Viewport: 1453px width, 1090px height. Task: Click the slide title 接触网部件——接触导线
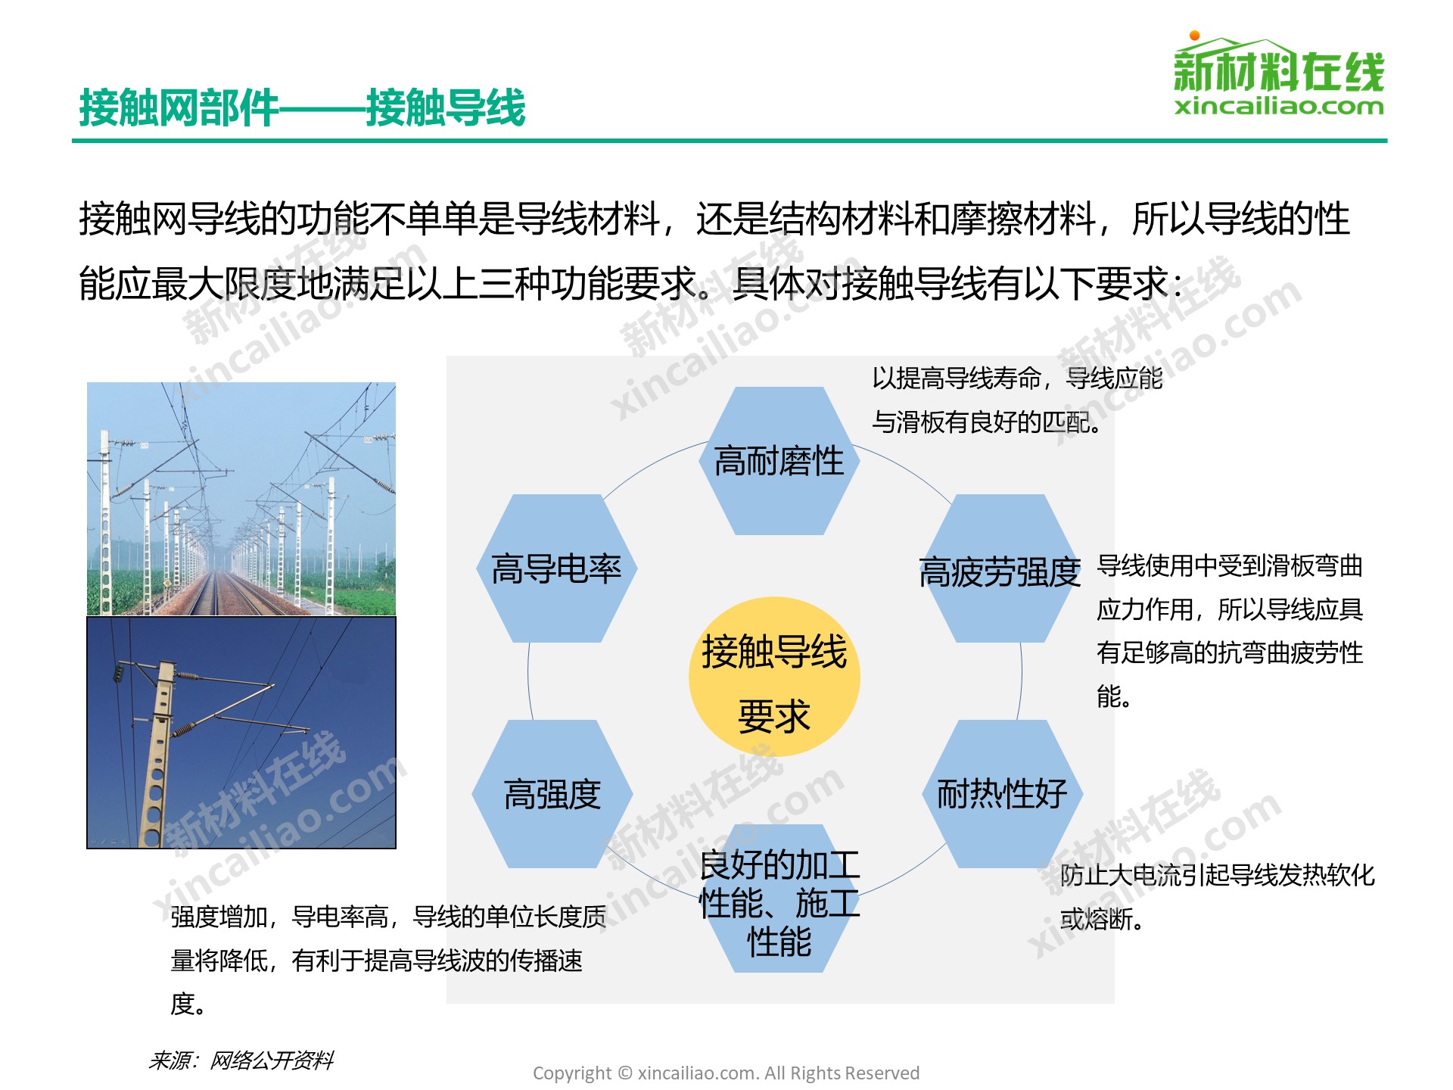pos(302,107)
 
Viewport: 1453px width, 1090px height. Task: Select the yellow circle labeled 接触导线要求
pos(774,677)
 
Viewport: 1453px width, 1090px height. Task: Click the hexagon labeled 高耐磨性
pos(779,461)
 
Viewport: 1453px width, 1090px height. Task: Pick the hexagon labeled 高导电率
pos(556,568)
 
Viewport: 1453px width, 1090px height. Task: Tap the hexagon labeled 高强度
pos(552,794)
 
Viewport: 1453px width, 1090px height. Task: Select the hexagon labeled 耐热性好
pos(1002,794)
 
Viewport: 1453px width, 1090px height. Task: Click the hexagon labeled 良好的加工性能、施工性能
pos(779,898)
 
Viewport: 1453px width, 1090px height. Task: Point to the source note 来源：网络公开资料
pos(241,1060)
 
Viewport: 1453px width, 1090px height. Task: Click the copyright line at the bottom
pos(726,1073)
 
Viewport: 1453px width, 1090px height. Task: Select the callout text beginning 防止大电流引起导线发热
pos(1217,897)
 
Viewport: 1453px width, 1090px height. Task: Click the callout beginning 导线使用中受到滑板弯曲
pos(1230,631)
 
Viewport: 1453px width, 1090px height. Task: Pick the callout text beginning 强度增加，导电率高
pos(388,960)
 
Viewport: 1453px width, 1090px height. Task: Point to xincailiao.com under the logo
pos(1279,107)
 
